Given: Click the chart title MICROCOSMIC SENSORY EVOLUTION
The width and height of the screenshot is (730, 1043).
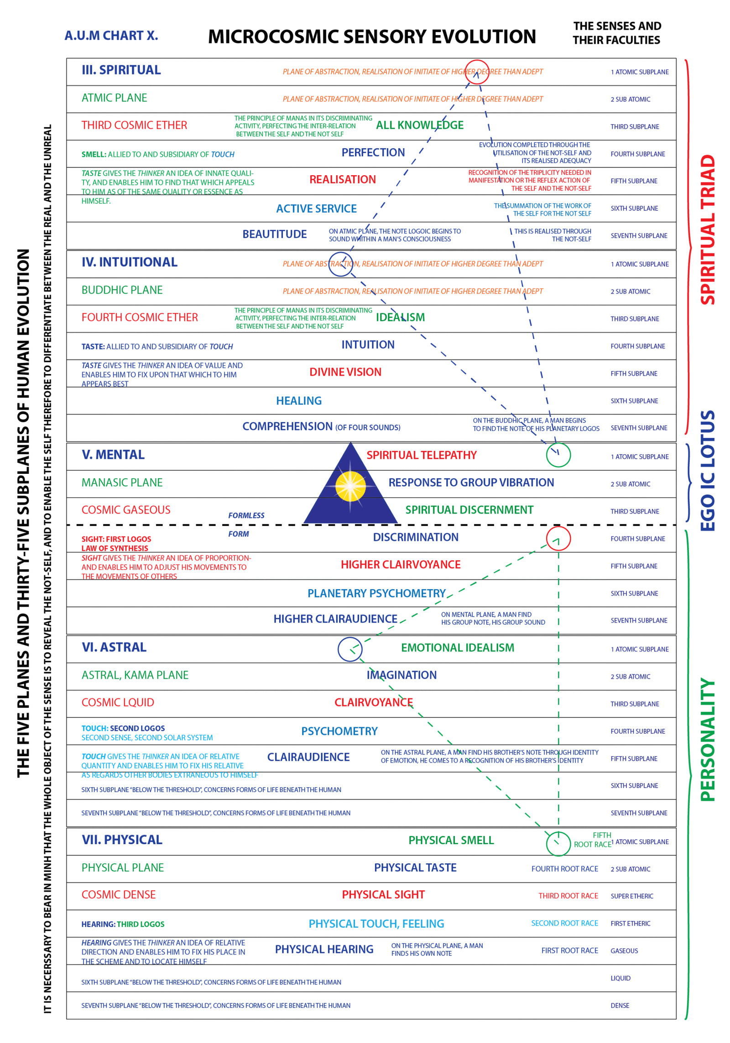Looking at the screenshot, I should click(x=372, y=36).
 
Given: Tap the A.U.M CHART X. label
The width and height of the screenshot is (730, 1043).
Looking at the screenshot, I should click(x=111, y=36).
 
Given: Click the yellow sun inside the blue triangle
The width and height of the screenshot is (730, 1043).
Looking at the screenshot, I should click(x=350, y=486).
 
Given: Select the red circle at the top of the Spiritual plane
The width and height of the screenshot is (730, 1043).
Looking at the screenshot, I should click(x=477, y=72).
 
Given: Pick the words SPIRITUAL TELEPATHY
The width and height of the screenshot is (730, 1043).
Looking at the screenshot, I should click(x=422, y=455).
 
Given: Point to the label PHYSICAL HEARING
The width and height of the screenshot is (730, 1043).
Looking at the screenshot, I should click(x=324, y=950).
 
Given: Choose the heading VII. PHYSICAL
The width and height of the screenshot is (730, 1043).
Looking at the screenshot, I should click(x=122, y=840).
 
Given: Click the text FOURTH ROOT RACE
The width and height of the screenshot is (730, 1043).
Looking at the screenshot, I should click(x=564, y=869).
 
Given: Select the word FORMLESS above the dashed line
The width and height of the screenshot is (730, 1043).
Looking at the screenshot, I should click(x=246, y=515).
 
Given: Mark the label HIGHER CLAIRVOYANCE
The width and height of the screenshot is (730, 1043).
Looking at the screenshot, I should click(x=401, y=565).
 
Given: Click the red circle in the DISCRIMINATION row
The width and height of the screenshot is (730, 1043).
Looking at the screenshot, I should click(x=558, y=538).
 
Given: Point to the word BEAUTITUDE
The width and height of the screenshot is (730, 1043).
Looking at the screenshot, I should click(x=275, y=234).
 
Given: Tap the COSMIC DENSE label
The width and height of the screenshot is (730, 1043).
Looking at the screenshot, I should click(x=119, y=895).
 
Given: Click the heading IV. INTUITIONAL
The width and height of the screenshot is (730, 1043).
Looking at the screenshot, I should click(x=130, y=262).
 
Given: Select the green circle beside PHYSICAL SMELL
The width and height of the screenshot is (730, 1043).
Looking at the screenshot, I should click(x=558, y=844).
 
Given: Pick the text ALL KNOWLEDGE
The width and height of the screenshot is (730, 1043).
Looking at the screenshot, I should click(x=420, y=125).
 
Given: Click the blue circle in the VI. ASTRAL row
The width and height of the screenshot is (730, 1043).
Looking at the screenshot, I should click(x=350, y=649).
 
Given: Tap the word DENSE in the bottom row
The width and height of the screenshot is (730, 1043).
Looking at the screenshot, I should click(x=620, y=1006).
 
